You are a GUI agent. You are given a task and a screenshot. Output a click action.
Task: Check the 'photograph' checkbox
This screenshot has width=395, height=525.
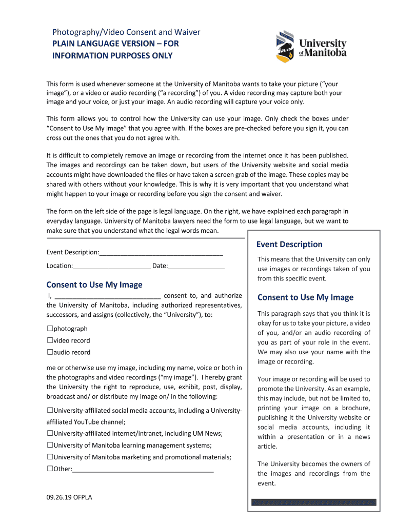(50, 329)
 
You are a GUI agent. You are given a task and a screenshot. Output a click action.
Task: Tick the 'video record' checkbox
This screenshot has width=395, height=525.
(50, 340)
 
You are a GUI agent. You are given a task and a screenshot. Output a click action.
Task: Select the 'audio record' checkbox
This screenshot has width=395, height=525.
(50, 352)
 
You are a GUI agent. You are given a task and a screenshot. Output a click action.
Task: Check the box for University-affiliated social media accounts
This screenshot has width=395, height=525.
(50, 411)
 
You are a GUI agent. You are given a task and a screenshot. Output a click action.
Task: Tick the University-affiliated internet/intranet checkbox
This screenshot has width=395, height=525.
(50, 434)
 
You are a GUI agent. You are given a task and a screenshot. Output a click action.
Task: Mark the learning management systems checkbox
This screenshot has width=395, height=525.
(50, 446)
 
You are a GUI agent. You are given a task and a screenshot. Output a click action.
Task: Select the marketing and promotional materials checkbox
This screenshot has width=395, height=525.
(50, 457)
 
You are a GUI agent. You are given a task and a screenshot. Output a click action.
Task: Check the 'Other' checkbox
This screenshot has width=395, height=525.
(50, 469)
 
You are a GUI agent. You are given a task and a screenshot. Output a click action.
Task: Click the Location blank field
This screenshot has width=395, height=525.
(112, 266)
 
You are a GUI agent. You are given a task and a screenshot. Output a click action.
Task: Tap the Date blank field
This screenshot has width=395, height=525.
(196, 266)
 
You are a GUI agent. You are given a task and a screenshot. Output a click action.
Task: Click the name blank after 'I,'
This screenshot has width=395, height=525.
(108, 296)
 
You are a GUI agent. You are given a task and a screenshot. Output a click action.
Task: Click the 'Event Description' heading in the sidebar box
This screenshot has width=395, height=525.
(289, 245)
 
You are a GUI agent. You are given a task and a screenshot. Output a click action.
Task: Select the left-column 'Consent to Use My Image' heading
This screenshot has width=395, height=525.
(94, 285)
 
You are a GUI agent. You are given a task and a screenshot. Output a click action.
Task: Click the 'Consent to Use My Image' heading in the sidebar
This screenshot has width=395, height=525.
(305, 297)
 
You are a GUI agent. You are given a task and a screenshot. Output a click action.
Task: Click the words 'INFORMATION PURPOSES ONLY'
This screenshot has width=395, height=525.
(112, 55)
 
